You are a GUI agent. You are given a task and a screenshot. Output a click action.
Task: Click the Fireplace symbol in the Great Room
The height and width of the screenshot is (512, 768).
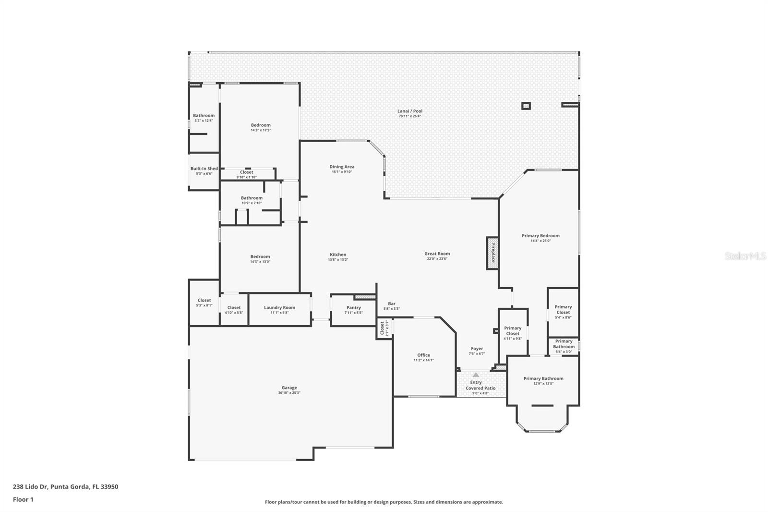point(492,253)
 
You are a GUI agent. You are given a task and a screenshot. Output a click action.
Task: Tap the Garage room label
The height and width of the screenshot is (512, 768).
point(289,388)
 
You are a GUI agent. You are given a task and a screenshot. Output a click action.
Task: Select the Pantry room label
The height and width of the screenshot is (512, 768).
point(353,308)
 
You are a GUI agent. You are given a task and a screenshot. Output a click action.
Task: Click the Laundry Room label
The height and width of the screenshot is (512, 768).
point(279,308)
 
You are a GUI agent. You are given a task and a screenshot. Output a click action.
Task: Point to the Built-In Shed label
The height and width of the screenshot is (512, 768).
point(204,169)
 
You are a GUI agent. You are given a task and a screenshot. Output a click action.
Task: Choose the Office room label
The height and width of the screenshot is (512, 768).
point(423,355)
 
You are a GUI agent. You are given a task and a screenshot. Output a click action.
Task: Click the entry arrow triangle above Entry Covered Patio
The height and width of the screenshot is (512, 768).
point(476,375)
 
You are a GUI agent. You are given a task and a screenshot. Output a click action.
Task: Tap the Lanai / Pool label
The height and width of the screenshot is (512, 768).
point(410,111)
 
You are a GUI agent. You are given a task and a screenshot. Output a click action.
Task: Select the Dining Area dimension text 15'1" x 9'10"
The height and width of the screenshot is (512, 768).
point(342,172)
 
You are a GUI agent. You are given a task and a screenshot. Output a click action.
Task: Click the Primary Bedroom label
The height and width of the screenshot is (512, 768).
point(540,236)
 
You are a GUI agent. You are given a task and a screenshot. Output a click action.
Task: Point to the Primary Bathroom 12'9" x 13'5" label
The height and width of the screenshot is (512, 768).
point(543,378)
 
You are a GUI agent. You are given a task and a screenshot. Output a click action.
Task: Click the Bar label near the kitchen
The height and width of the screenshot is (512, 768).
point(392,304)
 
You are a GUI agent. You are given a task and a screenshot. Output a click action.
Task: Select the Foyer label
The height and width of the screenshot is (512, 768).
point(477,349)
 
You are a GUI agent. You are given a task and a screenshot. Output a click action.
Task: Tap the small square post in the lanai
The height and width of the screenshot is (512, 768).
point(526,106)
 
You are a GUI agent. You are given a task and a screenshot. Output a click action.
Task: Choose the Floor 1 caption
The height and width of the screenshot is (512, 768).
point(23,500)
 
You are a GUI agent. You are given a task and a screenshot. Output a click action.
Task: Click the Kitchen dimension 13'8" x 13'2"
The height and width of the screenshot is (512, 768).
point(338,260)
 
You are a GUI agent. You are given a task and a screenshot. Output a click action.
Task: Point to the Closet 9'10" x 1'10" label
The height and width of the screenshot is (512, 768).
point(246,172)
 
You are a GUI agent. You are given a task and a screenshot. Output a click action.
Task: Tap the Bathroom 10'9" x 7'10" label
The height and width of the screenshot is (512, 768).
point(252,198)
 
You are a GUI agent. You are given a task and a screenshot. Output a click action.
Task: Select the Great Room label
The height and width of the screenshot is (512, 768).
point(437,254)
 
